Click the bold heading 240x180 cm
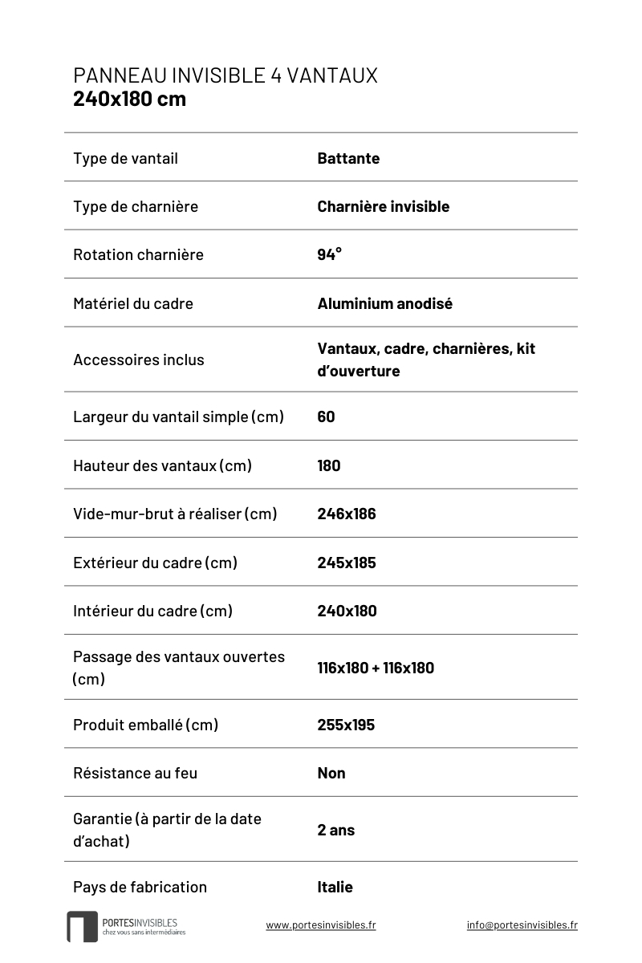129,99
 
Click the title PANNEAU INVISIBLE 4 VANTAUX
225,75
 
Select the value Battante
348,158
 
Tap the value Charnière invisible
383,206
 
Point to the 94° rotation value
329,254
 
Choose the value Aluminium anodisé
384,303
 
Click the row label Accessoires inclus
138,360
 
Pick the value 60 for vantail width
326,416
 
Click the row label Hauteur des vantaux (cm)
162,465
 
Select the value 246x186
346,514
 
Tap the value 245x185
346,563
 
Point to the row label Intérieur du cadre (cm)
152,611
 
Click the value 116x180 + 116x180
375,668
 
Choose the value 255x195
346,725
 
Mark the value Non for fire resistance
331,773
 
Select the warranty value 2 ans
335,830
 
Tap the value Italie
335,887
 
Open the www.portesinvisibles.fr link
320,924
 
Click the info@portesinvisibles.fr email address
522,924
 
